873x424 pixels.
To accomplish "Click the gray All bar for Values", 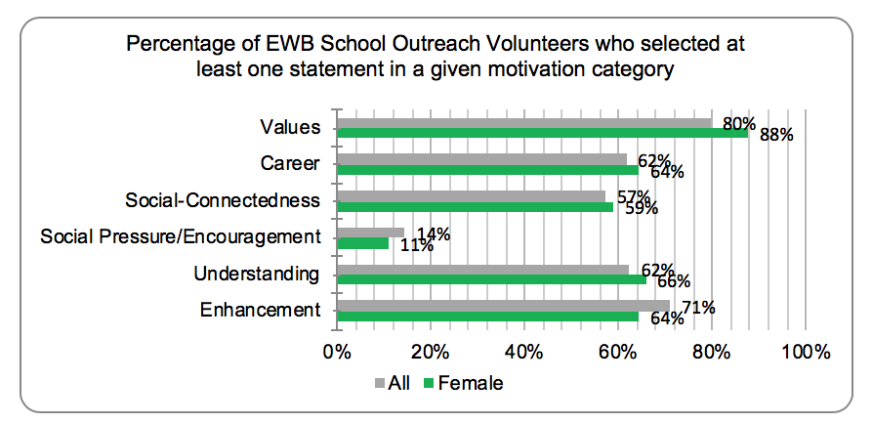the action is tap(524, 123).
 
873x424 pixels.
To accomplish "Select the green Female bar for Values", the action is tap(543, 133).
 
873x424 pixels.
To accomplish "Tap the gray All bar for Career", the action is tap(482, 159).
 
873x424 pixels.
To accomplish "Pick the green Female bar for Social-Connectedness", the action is tap(475, 207).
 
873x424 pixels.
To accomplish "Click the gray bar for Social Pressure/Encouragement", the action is tap(371, 233).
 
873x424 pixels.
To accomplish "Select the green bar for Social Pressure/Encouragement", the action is tap(363, 243).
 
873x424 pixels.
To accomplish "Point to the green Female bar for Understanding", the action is tap(491, 279).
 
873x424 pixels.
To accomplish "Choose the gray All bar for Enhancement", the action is tap(503, 305).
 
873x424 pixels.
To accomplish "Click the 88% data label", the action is tap(776, 135).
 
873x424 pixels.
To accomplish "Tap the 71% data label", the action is tap(698, 307).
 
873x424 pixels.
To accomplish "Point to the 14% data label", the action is tap(434, 234).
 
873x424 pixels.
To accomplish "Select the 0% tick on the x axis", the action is tap(337, 352).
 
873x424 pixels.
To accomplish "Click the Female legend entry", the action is tap(463, 383).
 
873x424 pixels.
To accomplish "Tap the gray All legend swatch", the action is tap(380, 383).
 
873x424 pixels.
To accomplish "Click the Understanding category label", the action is tap(257, 275).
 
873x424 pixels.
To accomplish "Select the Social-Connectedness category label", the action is tap(223, 200).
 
